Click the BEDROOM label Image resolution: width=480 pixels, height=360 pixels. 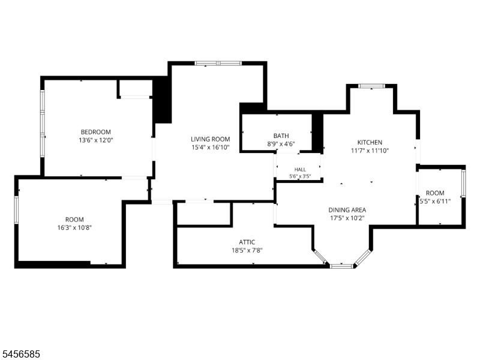tap(95, 132)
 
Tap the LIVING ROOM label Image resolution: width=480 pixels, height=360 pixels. tap(211, 139)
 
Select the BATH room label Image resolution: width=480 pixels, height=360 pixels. tap(281, 136)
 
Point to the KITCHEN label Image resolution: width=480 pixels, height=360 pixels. tap(370, 142)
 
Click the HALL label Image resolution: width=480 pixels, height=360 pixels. tap(300, 170)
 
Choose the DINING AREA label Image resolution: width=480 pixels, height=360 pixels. tap(347, 210)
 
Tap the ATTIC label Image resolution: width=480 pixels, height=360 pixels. tap(247, 242)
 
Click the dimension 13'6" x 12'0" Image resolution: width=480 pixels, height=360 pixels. tap(96, 140)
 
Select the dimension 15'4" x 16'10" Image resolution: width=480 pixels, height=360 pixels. tap(211, 148)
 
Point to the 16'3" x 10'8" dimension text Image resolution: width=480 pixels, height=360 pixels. tap(74, 228)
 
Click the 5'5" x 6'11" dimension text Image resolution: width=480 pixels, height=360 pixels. tap(435, 201)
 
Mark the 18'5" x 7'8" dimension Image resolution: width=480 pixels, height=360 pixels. tap(247, 250)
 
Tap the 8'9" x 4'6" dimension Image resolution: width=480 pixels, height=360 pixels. tap(281, 144)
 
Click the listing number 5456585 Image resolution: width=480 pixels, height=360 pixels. tap(20, 354)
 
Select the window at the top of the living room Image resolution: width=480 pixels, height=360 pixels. tap(218, 64)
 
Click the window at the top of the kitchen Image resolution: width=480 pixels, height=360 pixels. tap(371, 86)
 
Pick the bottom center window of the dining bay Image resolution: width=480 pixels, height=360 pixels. tap(342, 266)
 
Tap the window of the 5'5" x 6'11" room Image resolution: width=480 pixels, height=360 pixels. tap(463, 184)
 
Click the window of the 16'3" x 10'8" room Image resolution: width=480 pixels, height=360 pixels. tap(17, 210)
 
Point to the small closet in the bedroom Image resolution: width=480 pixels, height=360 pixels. tap(134, 88)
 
